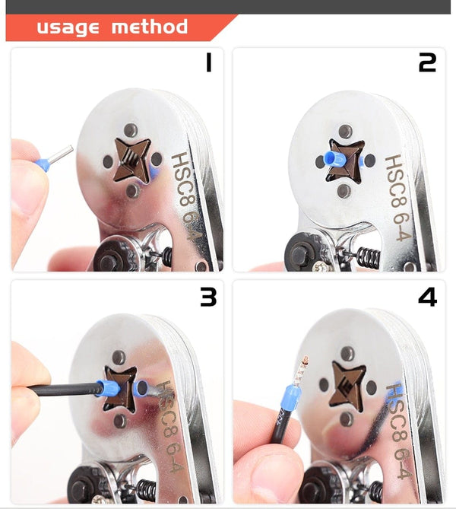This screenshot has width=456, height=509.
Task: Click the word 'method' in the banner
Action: pyautogui.click(x=149, y=27)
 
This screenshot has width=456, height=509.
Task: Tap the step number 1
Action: pyautogui.click(x=207, y=63)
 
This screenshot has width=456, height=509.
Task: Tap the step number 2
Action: pyautogui.click(x=427, y=63)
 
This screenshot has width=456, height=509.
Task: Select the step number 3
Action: pyautogui.click(x=207, y=297)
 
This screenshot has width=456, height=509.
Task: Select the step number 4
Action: pyautogui.click(x=427, y=297)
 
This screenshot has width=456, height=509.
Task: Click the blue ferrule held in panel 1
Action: pyautogui.click(x=43, y=164)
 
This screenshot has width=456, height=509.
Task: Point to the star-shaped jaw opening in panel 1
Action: pyautogui.click(x=131, y=161)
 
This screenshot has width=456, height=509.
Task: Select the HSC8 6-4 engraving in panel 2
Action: pyautogui.click(x=399, y=199)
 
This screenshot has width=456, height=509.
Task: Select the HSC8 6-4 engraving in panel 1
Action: pyautogui.click(x=186, y=196)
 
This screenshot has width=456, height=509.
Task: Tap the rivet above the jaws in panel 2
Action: pyautogui.click(x=346, y=131)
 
